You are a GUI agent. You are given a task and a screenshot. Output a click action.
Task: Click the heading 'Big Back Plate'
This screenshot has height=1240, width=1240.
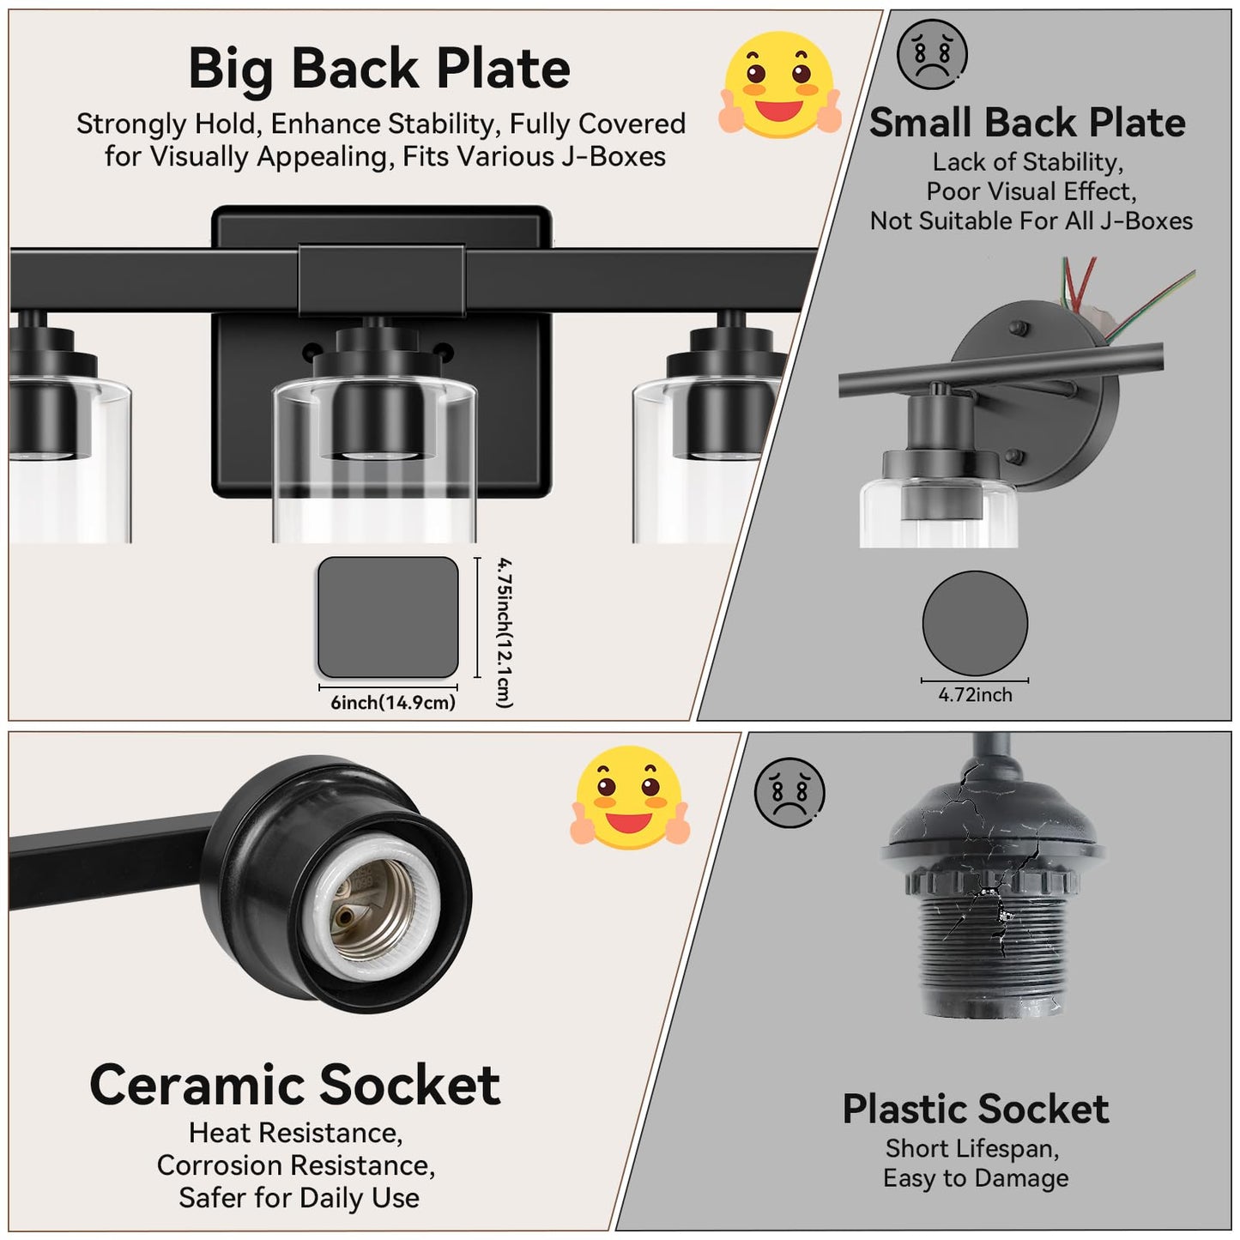point(379,70)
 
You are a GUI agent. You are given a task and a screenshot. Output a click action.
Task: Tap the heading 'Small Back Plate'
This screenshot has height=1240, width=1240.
point(1027,122)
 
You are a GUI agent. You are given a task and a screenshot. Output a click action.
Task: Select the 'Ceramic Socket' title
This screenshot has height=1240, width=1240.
point(294,1085)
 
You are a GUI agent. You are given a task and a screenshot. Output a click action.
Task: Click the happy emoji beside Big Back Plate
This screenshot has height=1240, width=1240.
point(779,84)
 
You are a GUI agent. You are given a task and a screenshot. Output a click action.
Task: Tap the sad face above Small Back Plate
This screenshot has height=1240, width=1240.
point(932,54)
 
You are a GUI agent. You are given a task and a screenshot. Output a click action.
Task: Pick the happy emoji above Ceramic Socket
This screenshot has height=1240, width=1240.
point(630,797)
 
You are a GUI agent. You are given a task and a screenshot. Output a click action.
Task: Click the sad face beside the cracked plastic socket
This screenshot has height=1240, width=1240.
point(789,792)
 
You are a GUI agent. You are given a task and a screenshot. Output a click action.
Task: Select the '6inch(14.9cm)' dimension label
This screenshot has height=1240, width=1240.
point(392,702)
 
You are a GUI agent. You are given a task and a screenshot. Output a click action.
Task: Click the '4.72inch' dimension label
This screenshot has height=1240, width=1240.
point(975,694)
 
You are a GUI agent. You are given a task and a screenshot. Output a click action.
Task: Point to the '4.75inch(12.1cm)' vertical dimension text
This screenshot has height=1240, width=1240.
point(505,632)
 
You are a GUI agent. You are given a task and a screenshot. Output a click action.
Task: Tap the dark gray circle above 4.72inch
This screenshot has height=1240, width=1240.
point(975,622)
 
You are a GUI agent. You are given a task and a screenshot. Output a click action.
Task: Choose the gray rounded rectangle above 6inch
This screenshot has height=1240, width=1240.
point(388,617)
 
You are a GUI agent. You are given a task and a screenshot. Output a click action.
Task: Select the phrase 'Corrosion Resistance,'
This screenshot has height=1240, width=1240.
point(296,1165)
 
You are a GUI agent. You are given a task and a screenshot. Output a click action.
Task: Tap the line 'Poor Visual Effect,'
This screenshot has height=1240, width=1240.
point(1031,191)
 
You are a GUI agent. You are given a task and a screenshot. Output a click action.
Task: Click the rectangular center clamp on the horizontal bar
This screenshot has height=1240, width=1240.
point(381,279)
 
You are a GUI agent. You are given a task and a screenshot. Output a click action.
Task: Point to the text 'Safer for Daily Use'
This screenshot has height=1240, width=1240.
point(299,1198)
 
